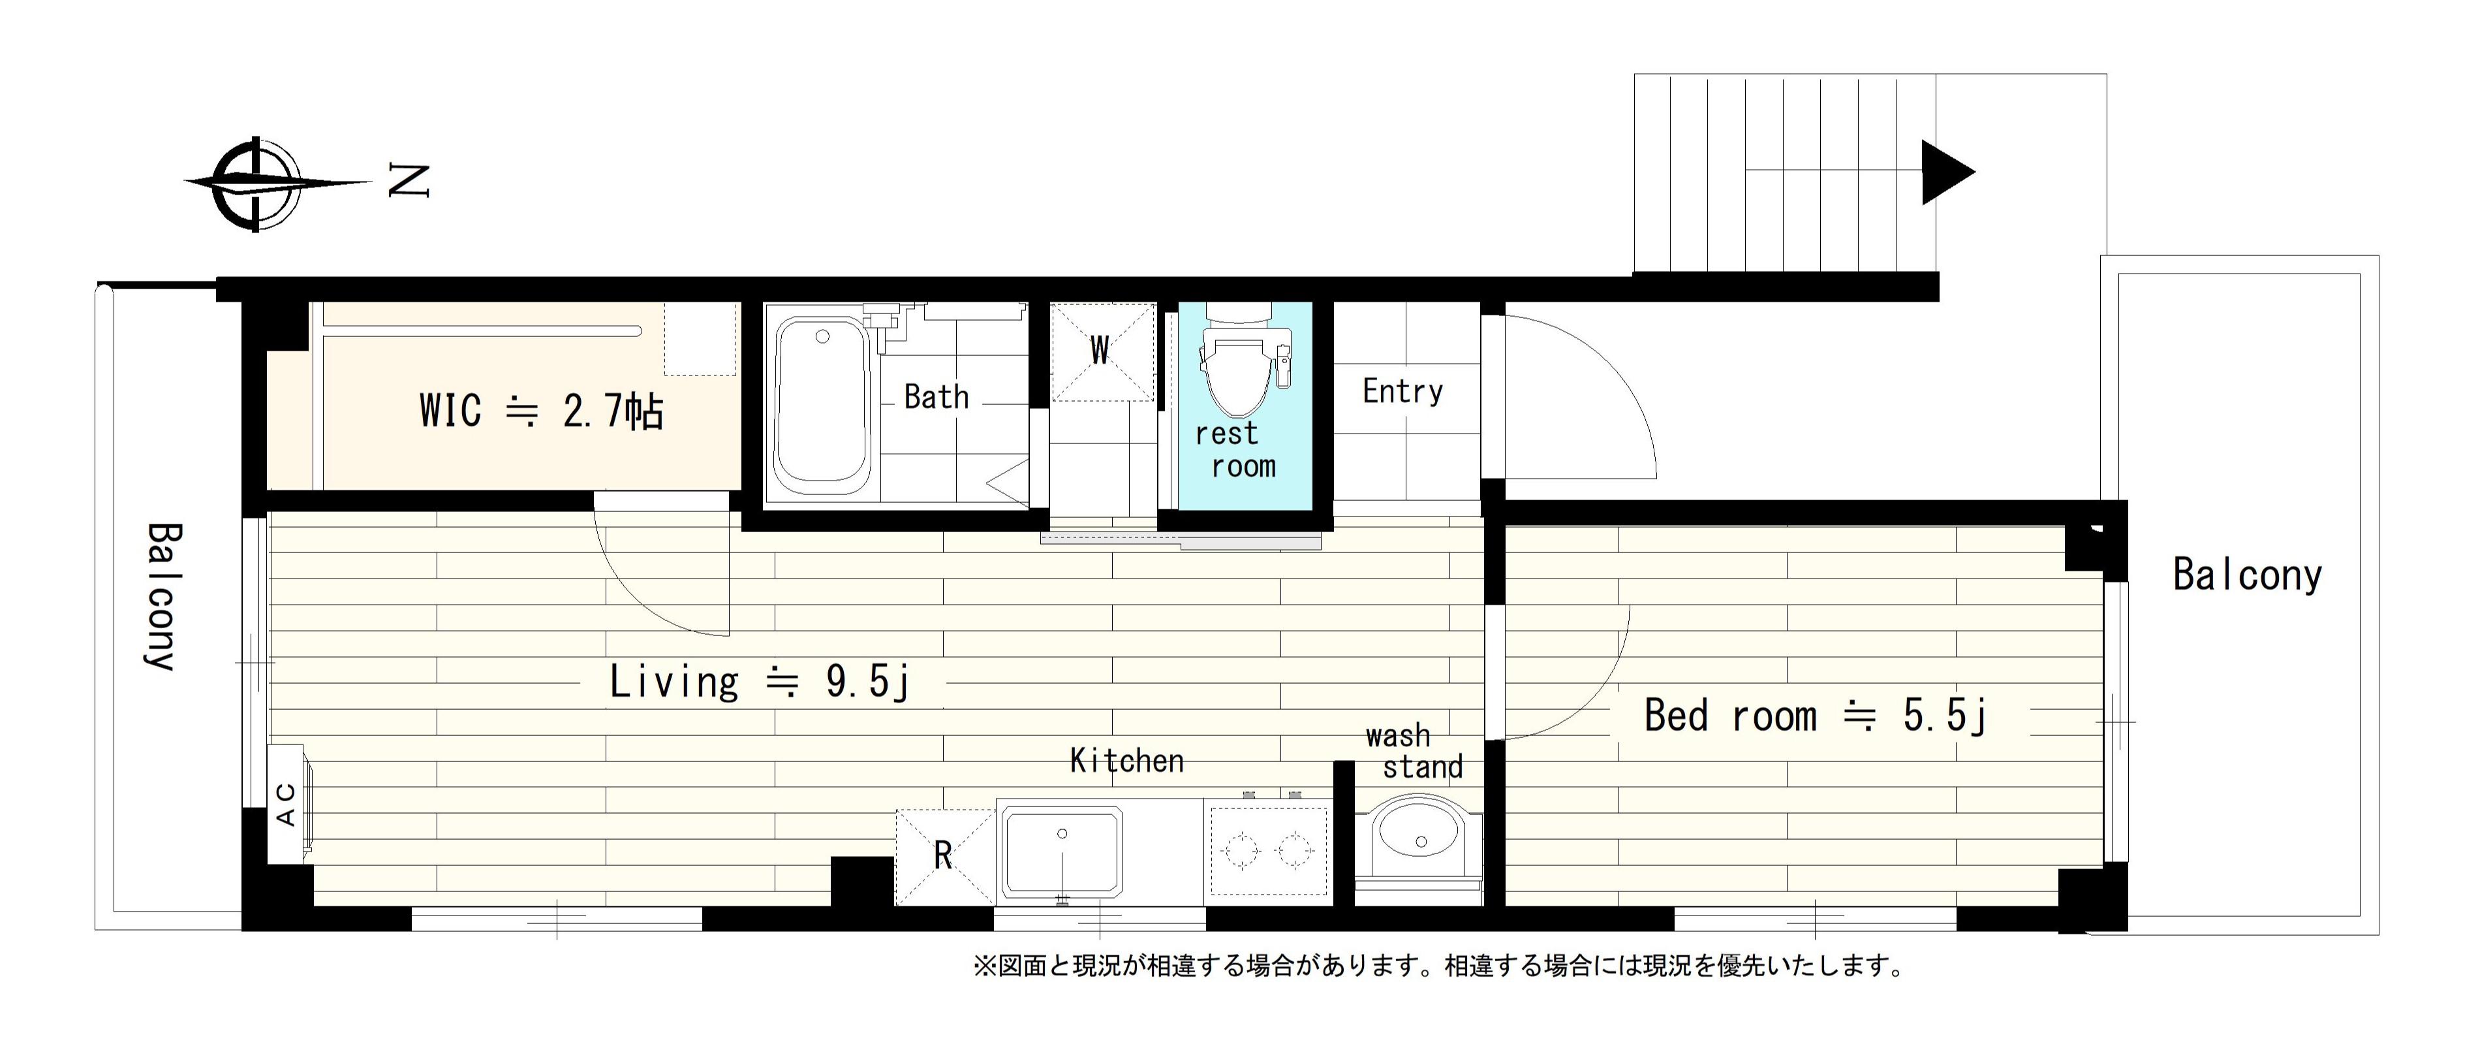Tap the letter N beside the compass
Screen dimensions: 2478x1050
408,181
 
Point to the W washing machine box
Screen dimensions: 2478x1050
1102,351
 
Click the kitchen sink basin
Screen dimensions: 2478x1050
1062,851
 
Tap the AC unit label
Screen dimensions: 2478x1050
287,804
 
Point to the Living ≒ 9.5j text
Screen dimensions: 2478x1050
759,682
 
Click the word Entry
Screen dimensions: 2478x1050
1402,392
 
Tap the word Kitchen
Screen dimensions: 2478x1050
1126,761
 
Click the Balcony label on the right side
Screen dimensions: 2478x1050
2247,575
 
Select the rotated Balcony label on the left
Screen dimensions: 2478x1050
162,597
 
